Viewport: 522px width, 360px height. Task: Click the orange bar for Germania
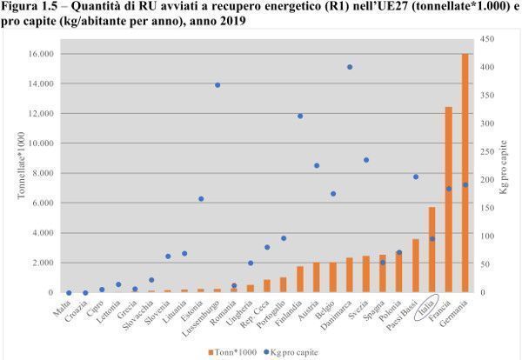[465, 174]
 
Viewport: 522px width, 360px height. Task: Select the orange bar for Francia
[449, 200]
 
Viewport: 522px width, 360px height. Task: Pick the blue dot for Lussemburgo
[217, 85]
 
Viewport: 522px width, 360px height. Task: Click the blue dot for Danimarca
[349, 67]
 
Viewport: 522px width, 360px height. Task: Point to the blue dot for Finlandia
[300, 117]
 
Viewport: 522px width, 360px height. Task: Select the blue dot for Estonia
[201, 199]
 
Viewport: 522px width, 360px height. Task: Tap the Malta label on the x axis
[62, 303]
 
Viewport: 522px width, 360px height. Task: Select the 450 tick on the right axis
[487, 39]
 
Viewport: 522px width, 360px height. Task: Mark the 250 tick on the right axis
[487, 152]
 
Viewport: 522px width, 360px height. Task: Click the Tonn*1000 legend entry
[233, 351]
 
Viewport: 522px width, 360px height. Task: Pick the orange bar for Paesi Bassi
[416, 266]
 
